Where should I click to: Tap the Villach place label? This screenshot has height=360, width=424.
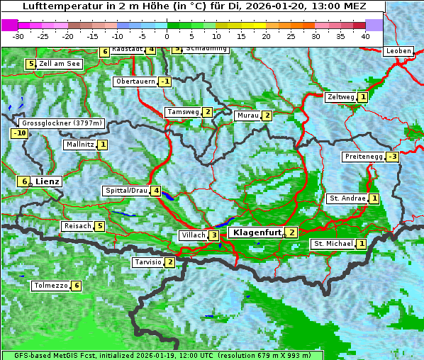coord(191,235)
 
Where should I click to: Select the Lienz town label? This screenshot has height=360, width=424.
coord(47,181)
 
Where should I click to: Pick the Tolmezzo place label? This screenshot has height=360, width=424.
coord(50,286)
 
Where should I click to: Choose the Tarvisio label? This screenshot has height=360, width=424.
coord(147,262)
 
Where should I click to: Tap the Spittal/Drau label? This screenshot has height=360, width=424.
coord(126,191)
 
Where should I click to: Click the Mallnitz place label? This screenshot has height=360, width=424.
coord(79,145)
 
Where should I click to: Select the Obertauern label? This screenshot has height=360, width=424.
coord(135,81)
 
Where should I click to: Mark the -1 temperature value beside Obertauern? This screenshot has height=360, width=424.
coord(165,81)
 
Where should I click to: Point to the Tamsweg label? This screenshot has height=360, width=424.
coord(182,112)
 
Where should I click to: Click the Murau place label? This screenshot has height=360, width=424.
coord(247,116)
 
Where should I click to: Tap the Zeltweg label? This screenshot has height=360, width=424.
coord(340,97)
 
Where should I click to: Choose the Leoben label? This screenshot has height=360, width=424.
coord(397,51)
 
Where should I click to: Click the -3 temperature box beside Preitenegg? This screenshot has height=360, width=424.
coord(392,157)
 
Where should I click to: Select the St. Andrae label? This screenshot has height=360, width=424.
coord(346,198)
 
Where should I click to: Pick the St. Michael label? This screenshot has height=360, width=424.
coord(333,244)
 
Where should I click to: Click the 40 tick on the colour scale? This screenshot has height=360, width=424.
coord(365,35)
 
